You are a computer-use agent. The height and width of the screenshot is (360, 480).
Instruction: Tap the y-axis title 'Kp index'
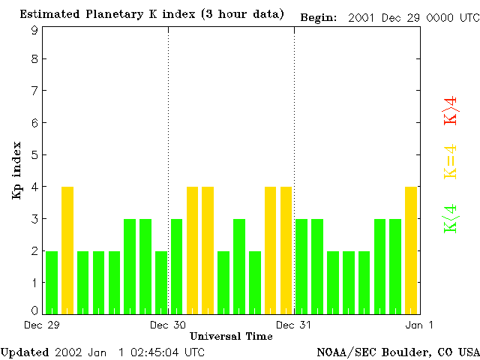tap(16, 170)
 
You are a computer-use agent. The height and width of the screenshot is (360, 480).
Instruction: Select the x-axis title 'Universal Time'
tap(231, 336)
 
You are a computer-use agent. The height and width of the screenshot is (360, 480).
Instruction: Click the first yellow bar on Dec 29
tap(67, 250)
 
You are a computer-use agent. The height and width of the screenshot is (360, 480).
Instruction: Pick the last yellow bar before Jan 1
tap(411, 250)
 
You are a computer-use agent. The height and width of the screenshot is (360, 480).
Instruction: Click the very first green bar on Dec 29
tap(52, 282)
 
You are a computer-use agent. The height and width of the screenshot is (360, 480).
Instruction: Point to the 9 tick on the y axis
tap(34, 30)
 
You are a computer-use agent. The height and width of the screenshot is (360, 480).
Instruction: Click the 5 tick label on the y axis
tap(34, 154)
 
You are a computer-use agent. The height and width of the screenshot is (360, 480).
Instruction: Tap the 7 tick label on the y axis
tap(34, 91)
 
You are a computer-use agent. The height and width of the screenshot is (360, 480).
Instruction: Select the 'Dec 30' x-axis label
tap(168, 325)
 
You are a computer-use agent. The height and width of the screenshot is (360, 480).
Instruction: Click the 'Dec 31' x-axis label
tap(294, 325)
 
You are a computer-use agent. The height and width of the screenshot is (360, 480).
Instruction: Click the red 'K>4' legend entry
tap(451, 109)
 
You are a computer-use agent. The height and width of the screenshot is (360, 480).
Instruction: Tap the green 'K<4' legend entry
tap(451, 219)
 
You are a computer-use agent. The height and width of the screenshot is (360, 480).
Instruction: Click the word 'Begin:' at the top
tap(319, 16)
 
